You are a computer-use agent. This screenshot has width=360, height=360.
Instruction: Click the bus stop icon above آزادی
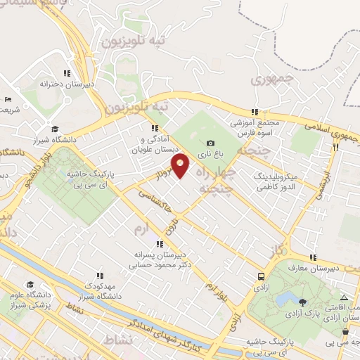coord(262,276)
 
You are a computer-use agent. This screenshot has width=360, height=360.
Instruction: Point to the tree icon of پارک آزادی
coord(302,282)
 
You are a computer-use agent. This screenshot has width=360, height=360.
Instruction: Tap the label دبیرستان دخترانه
coord(47,84)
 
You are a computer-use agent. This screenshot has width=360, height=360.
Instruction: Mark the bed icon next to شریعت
coord(8,100)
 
